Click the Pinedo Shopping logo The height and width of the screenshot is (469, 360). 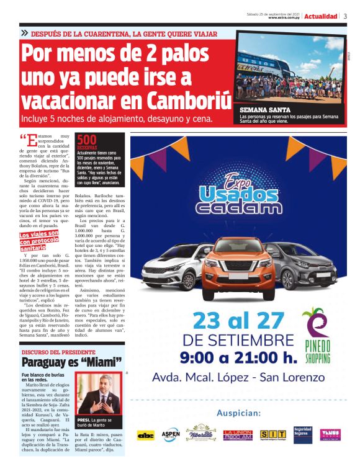click(316, 335)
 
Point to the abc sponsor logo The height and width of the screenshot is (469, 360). click(146, 435)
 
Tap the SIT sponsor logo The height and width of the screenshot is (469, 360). click(272, 435)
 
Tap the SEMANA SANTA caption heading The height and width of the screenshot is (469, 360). click(261, 109)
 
